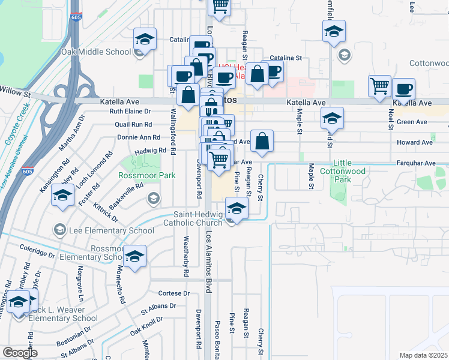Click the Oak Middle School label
[95, 52]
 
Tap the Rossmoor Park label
[146, 175]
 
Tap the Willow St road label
[15, 94]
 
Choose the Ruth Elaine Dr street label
[129, 112]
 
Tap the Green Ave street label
[412, 122]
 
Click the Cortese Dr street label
[174, 293]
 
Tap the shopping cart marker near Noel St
[379, 86]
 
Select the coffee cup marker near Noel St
[403, 89]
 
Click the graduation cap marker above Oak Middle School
[145, 39]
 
